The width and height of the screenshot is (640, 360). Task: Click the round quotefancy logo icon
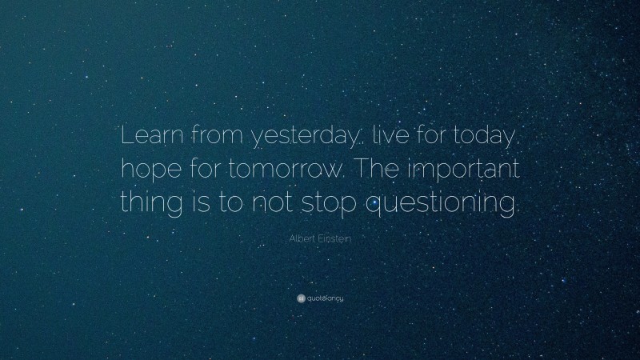pyautogui.click(x=302, y=298)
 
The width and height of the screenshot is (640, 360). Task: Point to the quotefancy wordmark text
pyautogui.click(x=326, y=298)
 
